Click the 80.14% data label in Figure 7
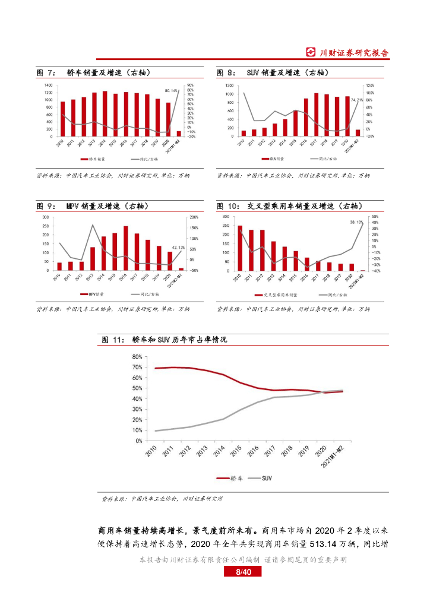click(x=171, y=91)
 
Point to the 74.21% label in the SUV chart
click(x=357, y=100)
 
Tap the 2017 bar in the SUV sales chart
click(x=316, y=115)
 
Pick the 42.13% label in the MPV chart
click(x=178, y=247)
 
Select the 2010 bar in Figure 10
click(x=240, y=248)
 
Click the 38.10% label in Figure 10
click(x=356, y=222)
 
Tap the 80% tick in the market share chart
click(x=137, y=357)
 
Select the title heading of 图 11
click(x=165, y=340)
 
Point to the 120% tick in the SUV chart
click(x=369, y=85)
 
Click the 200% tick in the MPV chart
click(x=194, y=217)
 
